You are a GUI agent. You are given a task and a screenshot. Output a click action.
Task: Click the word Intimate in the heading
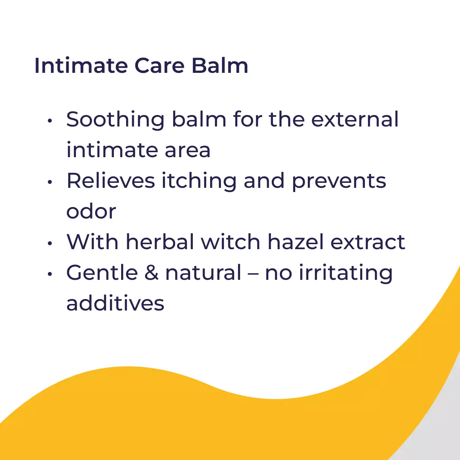click(x=81, y=66)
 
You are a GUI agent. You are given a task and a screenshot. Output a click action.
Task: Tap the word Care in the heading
click(x=159, y=66)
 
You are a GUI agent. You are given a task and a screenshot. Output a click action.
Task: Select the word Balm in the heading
click(x=220, y=66)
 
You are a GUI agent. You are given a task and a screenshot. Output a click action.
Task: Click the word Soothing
click(x=115, y=120)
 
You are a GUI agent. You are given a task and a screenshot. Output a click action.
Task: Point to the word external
click(x=355, y=119)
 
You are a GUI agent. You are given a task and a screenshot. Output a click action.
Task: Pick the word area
click(x=187, y=150)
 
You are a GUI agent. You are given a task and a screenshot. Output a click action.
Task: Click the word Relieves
click(x=111, y=181)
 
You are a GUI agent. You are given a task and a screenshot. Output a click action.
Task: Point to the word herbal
click(x=160, y=242)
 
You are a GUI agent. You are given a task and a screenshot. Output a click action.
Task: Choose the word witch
click(x=230, y=242)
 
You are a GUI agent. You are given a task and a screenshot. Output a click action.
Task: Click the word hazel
click(x=296, y=242)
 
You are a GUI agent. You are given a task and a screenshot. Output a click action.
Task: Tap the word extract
click(x=368, y=242)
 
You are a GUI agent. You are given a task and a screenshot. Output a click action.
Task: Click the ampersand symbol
click(x=151, y=273)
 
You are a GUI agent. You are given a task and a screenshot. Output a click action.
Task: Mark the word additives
click(x=115, y=303)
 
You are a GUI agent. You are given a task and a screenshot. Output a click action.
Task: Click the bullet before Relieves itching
click(x=50, y=182)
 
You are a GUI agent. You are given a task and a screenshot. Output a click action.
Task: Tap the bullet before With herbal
click(x=50, y=243)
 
